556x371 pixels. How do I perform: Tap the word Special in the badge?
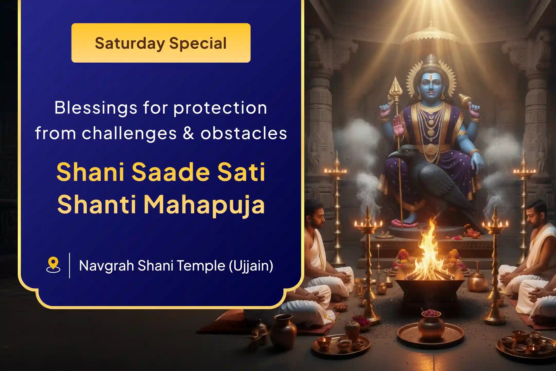tap(198, 43)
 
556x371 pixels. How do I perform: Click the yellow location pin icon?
tap(53, 265)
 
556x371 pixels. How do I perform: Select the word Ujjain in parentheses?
tap(251, 266)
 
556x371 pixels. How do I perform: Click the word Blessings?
tap(96, 108)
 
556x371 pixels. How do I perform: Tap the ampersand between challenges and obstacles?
tap(188, 133)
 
